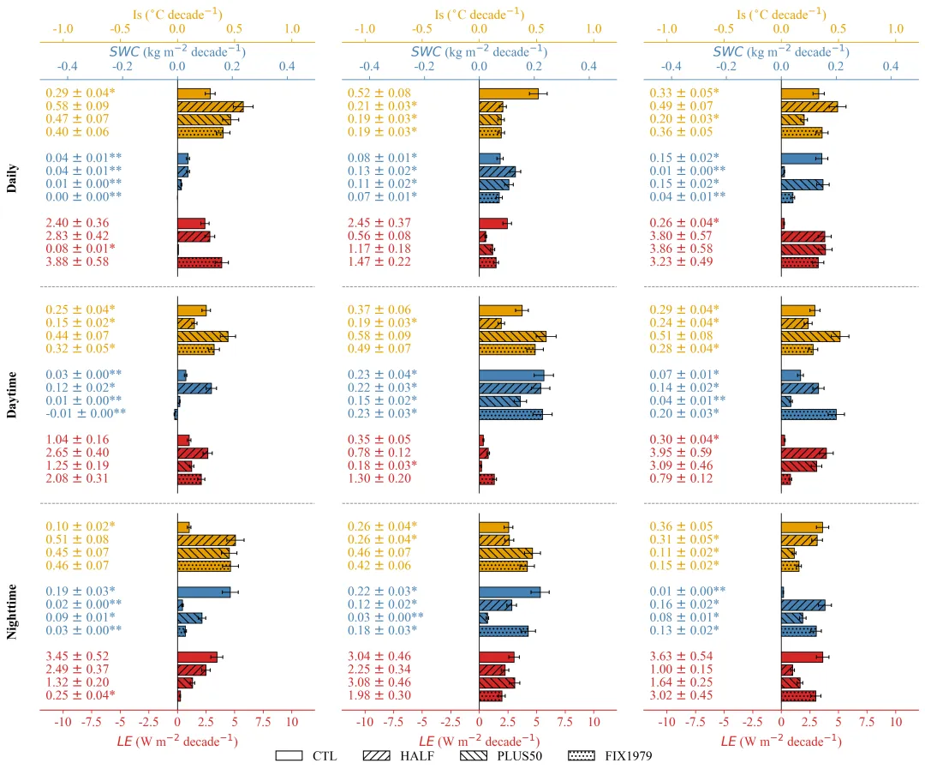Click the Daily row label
tap(12, 178)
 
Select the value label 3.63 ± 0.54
tap(683, 657)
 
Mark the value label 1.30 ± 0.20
tap(380, 478)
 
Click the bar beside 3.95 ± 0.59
tap(803, 453)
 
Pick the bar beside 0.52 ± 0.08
tap(509, 93)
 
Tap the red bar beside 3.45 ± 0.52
tap(197, 657)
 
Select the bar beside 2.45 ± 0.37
tap(493, 223)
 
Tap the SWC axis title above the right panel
tap(781, 51)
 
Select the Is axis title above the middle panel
tap(479, 14)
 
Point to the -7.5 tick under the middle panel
tap(393, 722)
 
